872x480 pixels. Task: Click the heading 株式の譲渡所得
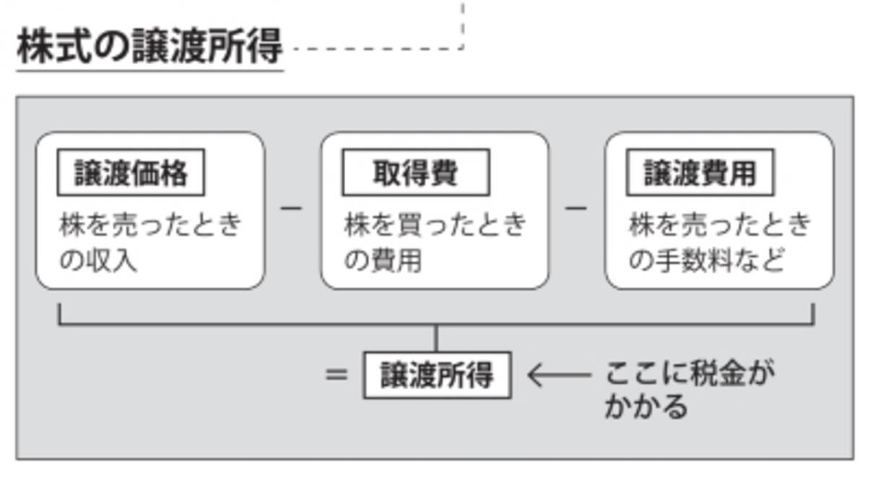(149, 46)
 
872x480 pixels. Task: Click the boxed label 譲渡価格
(131, 173)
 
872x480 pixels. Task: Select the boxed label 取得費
(415, 173)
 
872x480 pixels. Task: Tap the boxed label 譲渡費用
(699, 173)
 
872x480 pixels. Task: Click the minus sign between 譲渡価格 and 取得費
(291, 208)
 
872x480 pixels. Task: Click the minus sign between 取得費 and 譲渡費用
(576, 208)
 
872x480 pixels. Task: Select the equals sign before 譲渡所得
(336, 375)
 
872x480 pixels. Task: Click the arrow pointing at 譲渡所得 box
(558, 375)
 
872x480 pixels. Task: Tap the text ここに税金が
(688, 374)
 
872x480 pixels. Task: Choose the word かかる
(645, 406)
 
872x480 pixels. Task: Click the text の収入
(98, 260)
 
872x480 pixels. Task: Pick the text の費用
(382, 260)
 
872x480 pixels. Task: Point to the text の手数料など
(706, 260)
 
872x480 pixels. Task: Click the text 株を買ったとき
(435, 226)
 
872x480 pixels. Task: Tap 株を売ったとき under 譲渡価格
(150, 226)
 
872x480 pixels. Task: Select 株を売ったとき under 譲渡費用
(720, 226)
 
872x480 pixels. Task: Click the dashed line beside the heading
(376, 49)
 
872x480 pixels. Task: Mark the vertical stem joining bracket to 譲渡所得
(436, 338)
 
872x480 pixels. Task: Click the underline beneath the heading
(150, 70)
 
